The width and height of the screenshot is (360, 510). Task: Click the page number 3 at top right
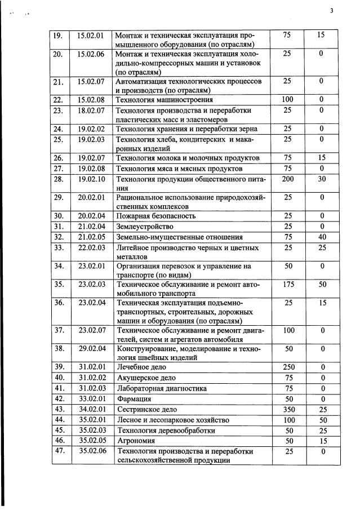click(x=332, y=10)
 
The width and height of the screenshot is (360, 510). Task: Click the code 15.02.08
click(x=91, y=100)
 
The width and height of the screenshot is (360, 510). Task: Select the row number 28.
click(x=58, y=179)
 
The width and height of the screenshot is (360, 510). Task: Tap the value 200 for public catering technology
click(x=287, y=179)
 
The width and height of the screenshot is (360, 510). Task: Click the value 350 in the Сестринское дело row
click(x=287, y=410)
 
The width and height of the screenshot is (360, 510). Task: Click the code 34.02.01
click(x=92, y=410)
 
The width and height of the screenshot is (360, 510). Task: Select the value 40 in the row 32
click(x=321, y=237)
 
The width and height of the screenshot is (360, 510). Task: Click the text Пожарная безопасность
click(x=155, y=216)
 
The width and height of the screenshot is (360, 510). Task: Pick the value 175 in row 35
click(x=287, y=285)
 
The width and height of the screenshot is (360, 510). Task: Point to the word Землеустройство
click(x=145, y=227)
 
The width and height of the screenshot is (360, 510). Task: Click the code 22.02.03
click(x=92, y=248)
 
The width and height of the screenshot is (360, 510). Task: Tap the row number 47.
click(x=58, y=452)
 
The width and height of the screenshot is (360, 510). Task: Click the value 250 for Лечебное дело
click(x=287, y=367)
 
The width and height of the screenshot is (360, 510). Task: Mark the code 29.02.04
click(x=92, y=348)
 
